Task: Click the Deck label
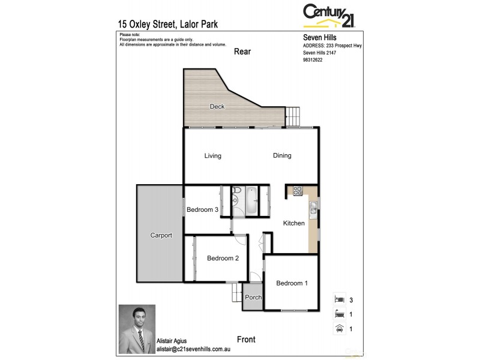tap(217, 107)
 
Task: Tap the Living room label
tap(212, 156)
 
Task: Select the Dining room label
tap(282, 156)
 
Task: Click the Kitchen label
tap(294, 223)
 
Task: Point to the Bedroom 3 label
tap(202, 209)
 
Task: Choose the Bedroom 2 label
tap(223, 259)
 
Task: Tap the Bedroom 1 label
tap(292, 283)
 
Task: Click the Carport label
tap(161, 236)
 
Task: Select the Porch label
tap(253, 298)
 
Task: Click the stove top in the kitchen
tap(298, 192)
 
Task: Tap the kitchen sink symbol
tap(313, 208)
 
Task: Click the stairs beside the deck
tap(292, 116)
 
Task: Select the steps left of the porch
tap(235, 294)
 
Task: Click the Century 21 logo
tap(329, 14)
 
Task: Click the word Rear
tap(242, 52)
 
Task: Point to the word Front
tap(246, 340)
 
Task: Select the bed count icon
tap(339, 299)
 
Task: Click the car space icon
tap(339, 328)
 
